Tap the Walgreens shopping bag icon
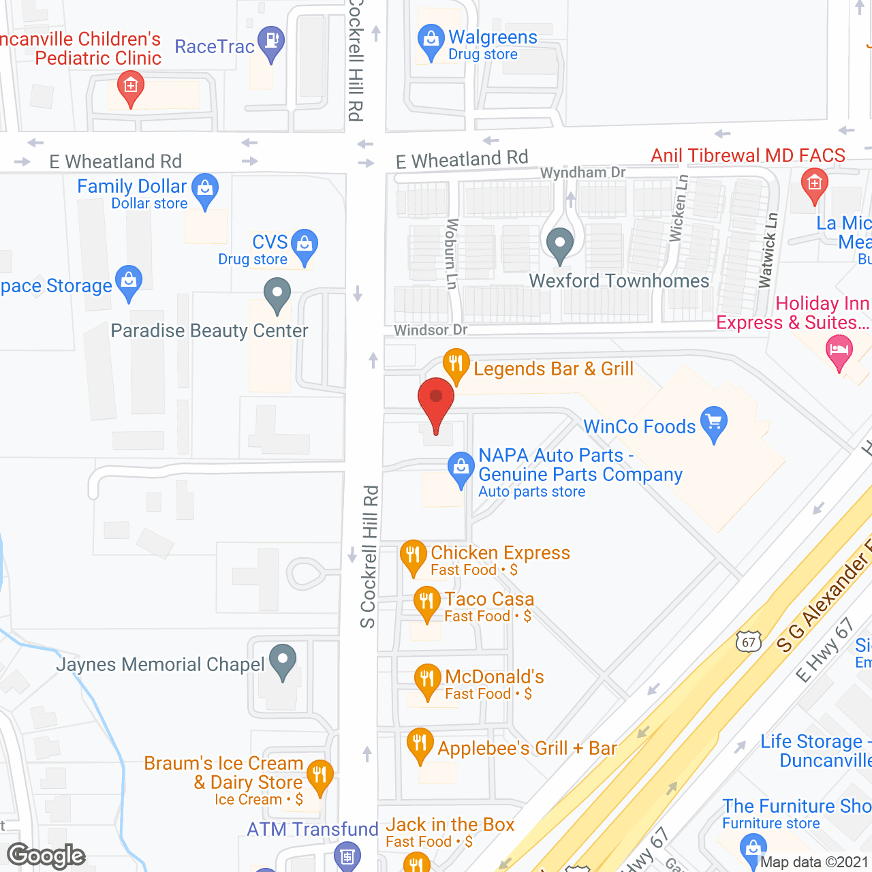click(431, 41)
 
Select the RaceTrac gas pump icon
click(271, 42)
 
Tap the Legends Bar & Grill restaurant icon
click(456, 364)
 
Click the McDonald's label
click(495, 676)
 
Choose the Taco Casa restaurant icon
click(426, 602)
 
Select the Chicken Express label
click(500, 552)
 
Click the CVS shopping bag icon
click(305, 245)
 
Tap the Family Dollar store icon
click(205, 189)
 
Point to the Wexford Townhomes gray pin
click(560, 243)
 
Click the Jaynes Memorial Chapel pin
click(283, 660)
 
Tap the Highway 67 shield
click(748, 642)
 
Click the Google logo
click(46, 856)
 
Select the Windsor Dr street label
click(431, 330)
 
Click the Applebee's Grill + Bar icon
click(420, 744)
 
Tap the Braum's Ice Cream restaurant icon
click(319, 775)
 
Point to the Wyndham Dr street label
click(582, 172)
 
